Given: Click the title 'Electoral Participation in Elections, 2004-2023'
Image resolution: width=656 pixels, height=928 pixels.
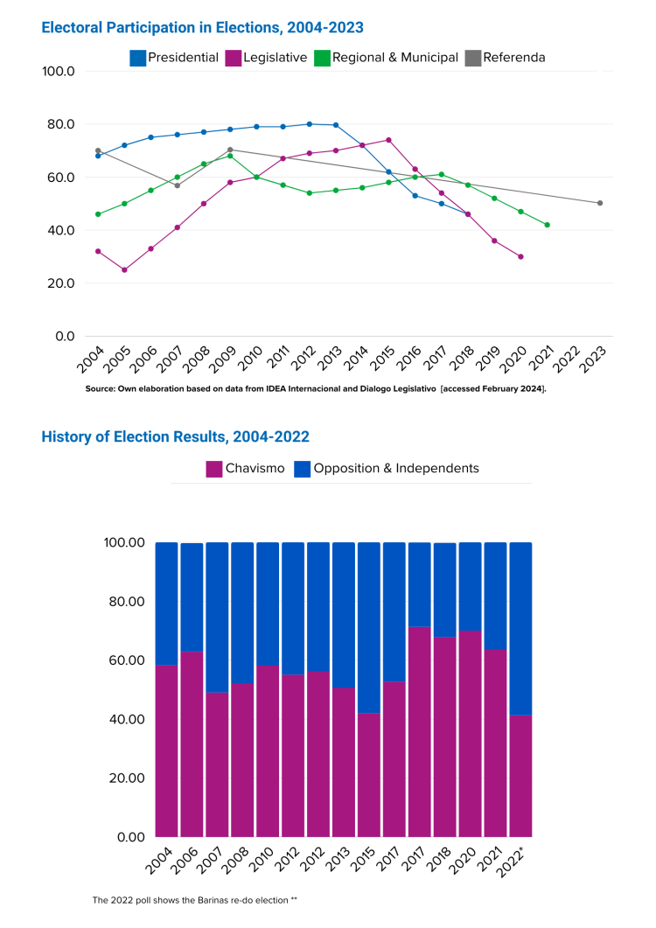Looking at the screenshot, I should [x=203, y=27].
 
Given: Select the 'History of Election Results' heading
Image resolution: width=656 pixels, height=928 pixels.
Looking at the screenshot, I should [x=175, y=436].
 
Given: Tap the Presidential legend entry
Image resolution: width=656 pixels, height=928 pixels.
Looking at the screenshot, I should [x=174, y=58].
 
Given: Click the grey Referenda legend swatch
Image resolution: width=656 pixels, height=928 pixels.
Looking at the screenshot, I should [x=472, y=58].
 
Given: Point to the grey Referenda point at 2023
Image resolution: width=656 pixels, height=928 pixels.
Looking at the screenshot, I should [x=600, y=203].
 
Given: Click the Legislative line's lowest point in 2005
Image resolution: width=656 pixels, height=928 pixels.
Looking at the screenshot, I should [x=124, y=269].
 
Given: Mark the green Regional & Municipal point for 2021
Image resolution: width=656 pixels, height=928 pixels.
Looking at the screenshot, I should [x=548, y=225].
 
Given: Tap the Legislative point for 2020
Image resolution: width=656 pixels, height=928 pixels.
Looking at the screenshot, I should [x=520, y=256].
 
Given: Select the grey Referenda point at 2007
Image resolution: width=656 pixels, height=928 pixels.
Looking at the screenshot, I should [x=177, y=185].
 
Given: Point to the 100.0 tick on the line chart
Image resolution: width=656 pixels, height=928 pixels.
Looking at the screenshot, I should [x=59, y=71].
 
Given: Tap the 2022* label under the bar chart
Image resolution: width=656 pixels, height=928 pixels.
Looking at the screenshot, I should [x=517, y=861].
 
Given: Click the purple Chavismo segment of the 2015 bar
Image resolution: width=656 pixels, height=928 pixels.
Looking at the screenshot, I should [x=369, y=774].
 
